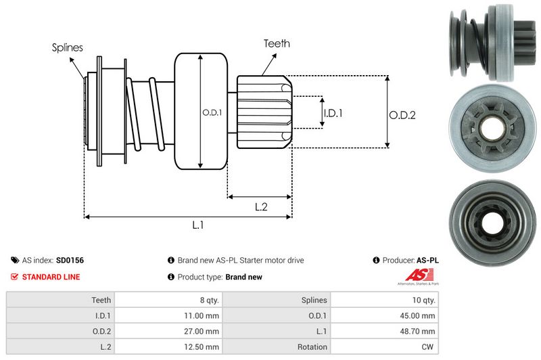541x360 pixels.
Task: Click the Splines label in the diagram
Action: tap(67, 47)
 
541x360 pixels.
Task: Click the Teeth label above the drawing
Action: tap(277, 43)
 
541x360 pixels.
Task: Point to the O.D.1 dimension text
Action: tap(212, 112)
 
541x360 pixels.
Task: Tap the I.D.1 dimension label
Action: tap(332, 114)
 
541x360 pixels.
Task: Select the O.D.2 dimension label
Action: tap(402, 115)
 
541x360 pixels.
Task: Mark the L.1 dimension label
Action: tap(198, 226)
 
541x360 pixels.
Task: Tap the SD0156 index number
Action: tap(70, 260)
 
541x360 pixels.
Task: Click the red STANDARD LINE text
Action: tap(51, 277)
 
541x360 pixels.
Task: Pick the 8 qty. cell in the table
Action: tap(205, 300)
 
